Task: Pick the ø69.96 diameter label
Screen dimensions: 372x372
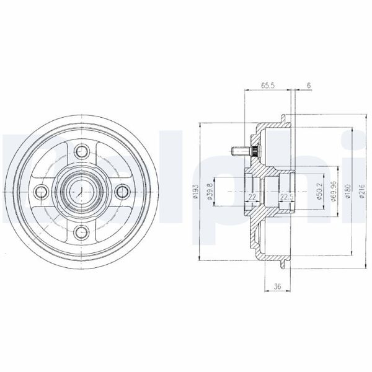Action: [334, 192]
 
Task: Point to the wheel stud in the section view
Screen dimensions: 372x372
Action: [238, 150]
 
